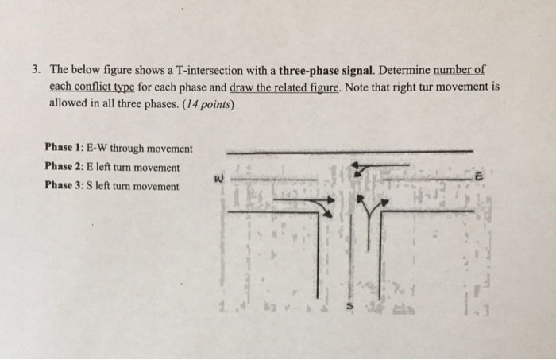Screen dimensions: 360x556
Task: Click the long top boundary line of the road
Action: (349, 150)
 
